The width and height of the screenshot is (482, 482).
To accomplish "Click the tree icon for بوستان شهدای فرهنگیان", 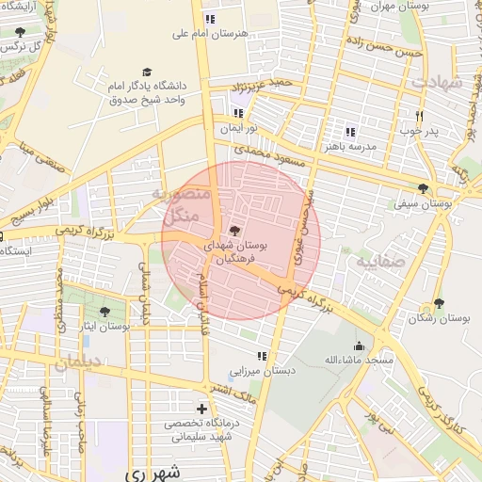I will coord(233,230).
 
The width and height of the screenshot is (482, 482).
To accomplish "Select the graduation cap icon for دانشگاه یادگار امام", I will coord(147,72).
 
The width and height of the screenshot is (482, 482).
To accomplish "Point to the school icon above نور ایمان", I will coord(238,113).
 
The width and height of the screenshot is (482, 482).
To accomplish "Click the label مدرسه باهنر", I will coord(350,147).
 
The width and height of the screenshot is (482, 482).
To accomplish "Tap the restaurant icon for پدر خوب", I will coord(420,116).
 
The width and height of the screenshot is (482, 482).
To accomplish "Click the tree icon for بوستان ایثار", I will coord(104,312).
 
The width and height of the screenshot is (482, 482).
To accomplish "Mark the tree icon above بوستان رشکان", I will coord(439,303).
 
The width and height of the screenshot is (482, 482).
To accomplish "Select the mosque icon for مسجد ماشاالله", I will coord(358,345).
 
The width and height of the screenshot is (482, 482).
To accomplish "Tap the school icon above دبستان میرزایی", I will coord(262,356).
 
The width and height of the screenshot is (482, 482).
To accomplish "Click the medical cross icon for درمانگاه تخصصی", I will coord(201,409).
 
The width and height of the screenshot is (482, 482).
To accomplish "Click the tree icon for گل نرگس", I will coord(20,32).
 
